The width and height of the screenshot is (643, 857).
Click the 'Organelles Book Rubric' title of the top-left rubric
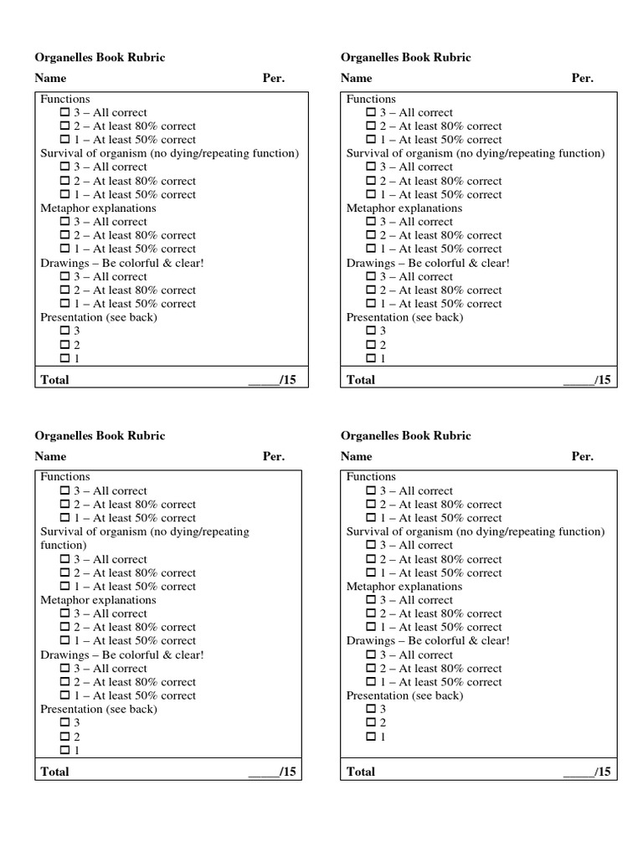tap(100, 58)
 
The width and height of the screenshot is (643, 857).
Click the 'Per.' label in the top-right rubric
tap(583, 79)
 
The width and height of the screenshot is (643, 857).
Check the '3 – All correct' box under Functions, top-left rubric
tap(65, 113)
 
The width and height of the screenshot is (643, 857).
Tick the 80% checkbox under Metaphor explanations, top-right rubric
tap(371, 236)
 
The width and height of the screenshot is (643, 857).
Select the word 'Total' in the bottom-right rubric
tap(361, 772)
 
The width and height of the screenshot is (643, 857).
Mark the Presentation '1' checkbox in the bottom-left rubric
tap(65, 751)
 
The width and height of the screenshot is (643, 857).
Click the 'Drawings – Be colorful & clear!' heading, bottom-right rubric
tap(428, 641)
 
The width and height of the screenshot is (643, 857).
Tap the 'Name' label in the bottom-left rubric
tap(50, 457)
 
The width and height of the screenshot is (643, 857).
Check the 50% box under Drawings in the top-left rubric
tap(65, 305)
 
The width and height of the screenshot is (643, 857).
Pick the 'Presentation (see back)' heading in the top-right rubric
tap(404, 317)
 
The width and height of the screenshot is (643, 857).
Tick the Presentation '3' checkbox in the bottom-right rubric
tap(371, 710)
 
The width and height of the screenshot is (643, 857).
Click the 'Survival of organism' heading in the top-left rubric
tap(169, 153)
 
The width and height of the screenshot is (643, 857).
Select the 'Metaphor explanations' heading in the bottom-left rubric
tap(98, 600)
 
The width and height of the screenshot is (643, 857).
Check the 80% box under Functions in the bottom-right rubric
tap(371, 505)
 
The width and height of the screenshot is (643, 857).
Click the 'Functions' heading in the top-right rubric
tap(371, 99)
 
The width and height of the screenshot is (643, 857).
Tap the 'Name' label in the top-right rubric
tap(357, 79)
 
